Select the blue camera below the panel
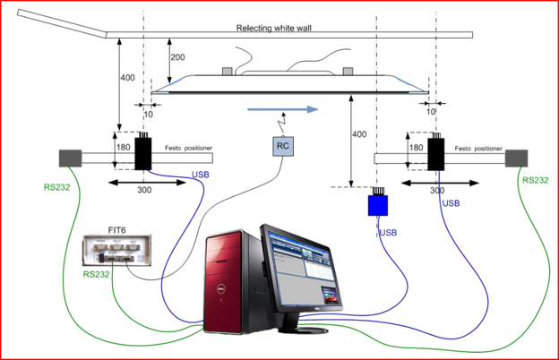pos(378,205)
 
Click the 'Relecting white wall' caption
pos(279,29)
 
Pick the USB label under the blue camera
pos(389,234)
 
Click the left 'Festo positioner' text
pos(188,149)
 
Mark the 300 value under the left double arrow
pos(144,191)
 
